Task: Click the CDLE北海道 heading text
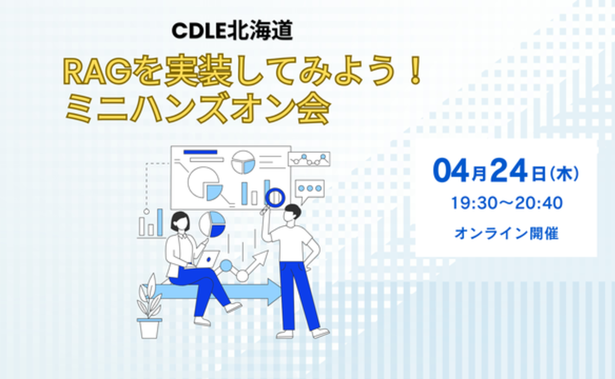pos(232,32)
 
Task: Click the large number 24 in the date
pos(508,172)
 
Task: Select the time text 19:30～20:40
pos(506,203)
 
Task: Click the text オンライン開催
pos(506,233)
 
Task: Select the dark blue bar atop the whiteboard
pos(200,152)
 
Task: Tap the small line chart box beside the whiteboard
pos(309,159)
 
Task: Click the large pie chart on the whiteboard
pos(203,183)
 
